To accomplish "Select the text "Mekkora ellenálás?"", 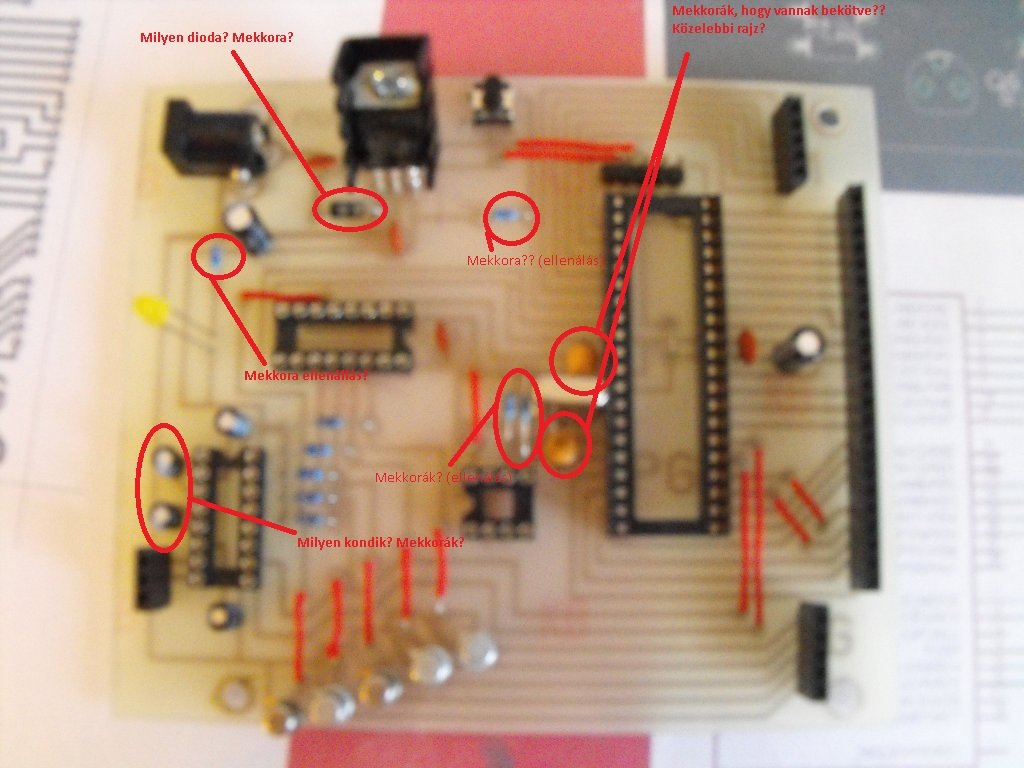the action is pyautogui.click(x=306, y=376).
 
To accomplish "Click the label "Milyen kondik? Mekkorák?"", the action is pyautogui.click(x=380, y=543).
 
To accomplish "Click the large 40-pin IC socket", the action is pyautogui.click(x=662, y=360).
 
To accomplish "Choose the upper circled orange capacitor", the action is pyautogui.click(x=581, y=355).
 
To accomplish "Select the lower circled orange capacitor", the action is pyautogui.click(x=563, y=444).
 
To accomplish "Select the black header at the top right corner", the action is pyautogui.click(x=790, y=143).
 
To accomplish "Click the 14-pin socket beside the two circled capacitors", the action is pyautogui.click(x=227, y=516).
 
